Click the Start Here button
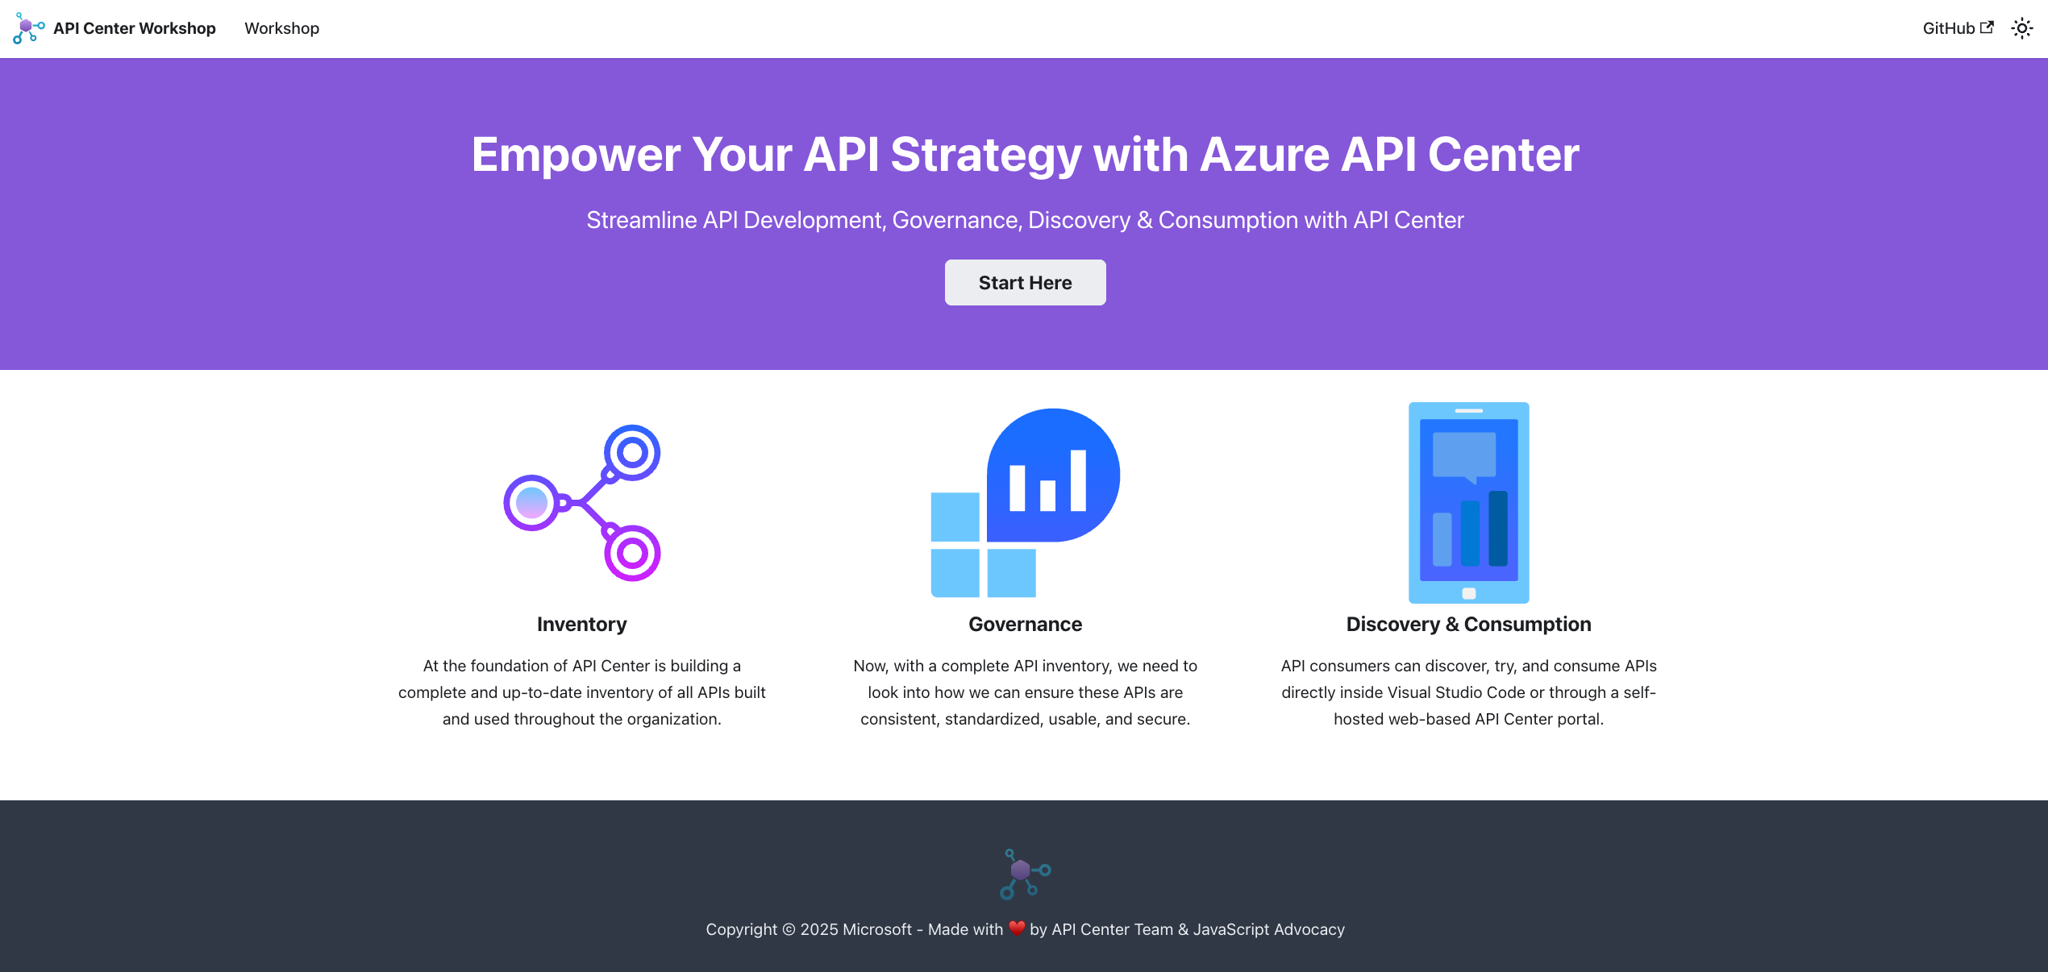pyautogui.click(x=1025, y=283)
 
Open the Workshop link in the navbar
pyautogui.click(x=282, y=28)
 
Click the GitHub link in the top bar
pyautogui.click(x=1958, y=28)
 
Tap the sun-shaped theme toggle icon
pyautogui.click(x=2022, y=28)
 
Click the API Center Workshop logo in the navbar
pyautogui.click(x=28, y=28)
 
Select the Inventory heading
pyautogui.click(x=582, y=625)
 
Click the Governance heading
pyautogui.click(x=1026, y=625)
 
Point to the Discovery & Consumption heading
pyautogui.click(x=1469, y=625)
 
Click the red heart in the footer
pyautogui.click(x=1017, y=928)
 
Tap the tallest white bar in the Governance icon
pyautogui.click(x=1078, y=480)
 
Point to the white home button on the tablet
pyautogui.click(x=1469, y=593)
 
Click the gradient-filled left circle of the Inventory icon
pyautogui.click(x=531, y=503)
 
